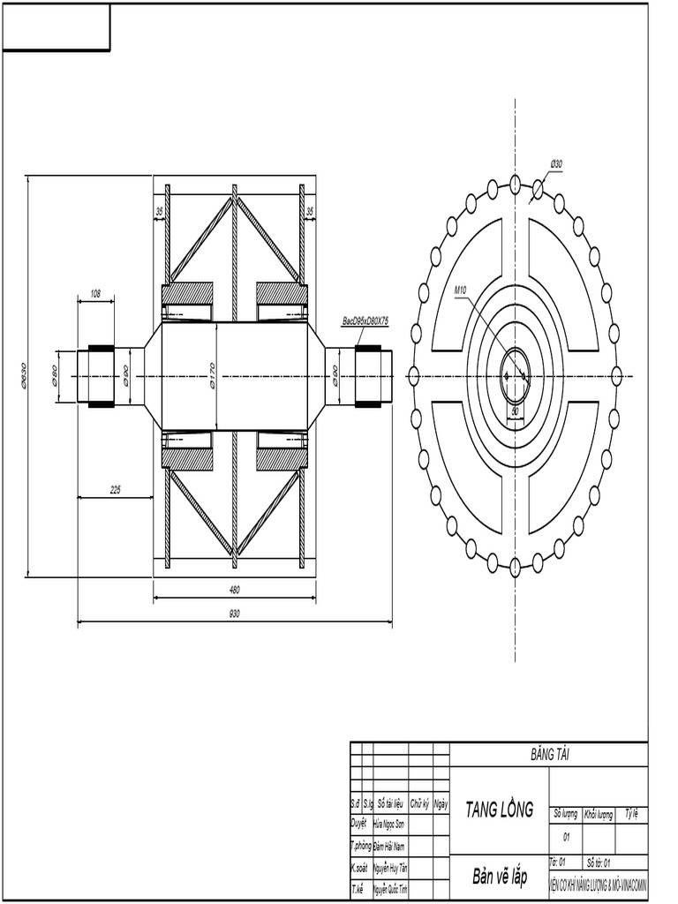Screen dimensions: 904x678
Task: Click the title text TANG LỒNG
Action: [499, 810]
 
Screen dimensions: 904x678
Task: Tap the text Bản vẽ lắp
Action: [499, 877]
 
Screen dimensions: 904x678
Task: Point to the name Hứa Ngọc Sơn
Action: [388, 823]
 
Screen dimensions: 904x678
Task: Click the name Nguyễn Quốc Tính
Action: [389, 889]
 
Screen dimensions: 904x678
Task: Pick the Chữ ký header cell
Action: [419, 804]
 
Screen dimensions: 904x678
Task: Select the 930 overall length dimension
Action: [234, 613]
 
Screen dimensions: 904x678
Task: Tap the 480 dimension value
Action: [234, 589]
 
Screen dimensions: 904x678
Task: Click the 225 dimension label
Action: [116, 489]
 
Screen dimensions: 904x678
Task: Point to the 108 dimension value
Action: [95, 292]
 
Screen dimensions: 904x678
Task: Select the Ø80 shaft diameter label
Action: [55, 375]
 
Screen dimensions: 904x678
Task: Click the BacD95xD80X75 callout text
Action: [365, 322]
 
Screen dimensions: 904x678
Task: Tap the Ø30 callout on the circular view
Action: [556, 164]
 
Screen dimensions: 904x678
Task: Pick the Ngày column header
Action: [441, 804]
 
